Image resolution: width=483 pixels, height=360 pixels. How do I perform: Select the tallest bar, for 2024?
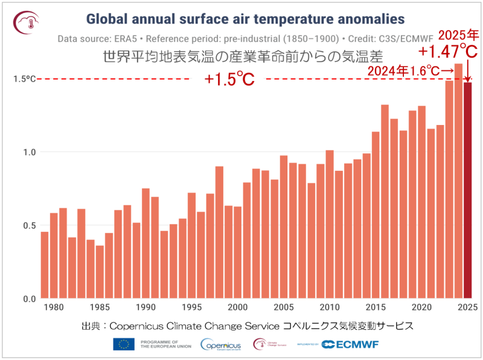point(459,181)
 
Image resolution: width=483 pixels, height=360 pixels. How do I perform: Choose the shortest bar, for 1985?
point(100,272)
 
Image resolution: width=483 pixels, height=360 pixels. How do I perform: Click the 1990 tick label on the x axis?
point(146,307)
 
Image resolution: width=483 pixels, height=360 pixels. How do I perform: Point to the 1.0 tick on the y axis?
point(28,152)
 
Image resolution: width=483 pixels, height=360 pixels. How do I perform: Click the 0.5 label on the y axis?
point(28,225)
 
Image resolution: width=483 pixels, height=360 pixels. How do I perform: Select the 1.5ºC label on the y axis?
point(25,79)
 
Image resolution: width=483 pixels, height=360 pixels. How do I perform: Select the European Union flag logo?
point(124,344)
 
